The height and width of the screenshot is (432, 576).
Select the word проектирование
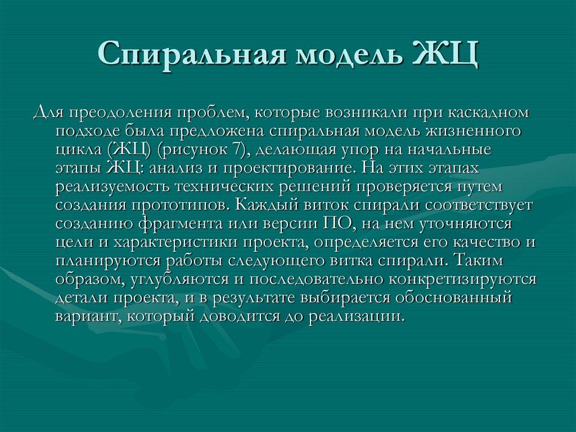click(298, 168)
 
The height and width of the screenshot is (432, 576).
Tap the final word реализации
click(355, 316)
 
